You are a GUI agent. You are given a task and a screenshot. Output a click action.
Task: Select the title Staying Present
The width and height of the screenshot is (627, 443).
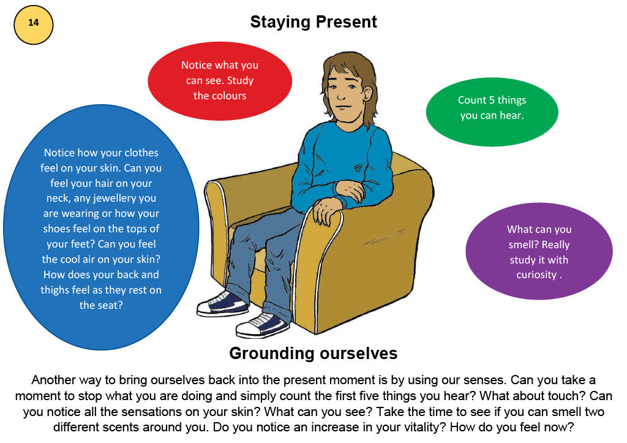[313, 23]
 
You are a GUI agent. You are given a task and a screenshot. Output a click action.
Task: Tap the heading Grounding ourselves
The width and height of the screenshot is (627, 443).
[313, 354]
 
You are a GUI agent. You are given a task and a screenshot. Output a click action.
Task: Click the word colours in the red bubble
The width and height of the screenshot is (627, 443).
[220, 96]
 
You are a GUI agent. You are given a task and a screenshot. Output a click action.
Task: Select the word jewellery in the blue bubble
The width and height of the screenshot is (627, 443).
[129, 198]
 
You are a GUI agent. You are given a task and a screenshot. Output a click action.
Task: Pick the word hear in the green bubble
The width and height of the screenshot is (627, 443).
[511, 115]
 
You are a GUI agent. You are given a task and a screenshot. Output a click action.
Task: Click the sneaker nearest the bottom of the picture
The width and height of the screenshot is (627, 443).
[261, 325]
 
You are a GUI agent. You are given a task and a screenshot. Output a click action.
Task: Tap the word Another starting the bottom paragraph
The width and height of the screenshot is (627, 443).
[54, 380]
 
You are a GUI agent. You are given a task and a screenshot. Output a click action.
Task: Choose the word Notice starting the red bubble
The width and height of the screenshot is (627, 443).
[196, 65]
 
